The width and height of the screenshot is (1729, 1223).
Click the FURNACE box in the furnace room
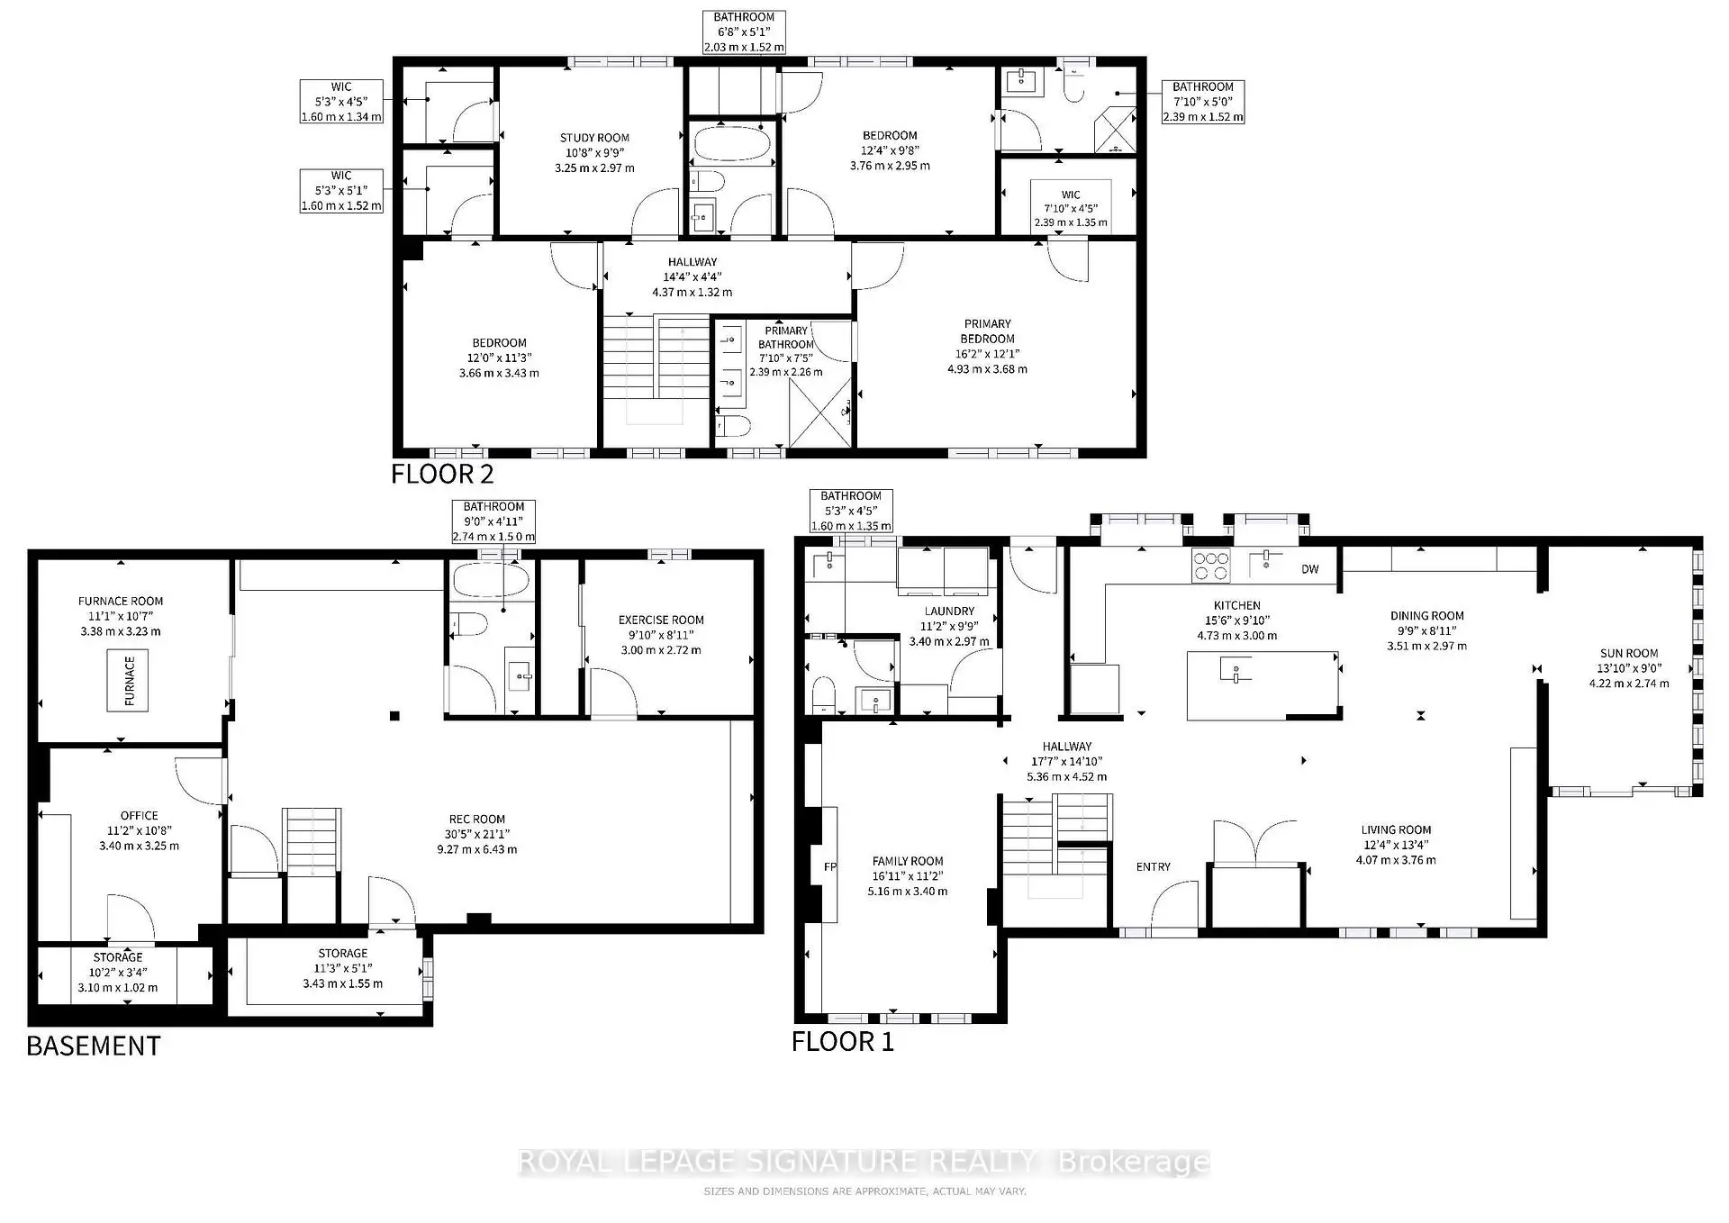(128, 680)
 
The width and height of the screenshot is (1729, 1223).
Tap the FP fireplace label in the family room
(829, 867)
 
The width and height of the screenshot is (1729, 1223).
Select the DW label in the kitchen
(1309, 569)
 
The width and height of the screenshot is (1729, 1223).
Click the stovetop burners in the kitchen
(1210, 566)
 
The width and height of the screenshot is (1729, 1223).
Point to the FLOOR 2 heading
(442, 474)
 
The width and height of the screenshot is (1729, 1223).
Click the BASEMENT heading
(94, 1046)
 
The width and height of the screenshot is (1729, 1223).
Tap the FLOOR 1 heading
(843, 1042)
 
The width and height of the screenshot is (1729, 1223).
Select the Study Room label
(594, 138)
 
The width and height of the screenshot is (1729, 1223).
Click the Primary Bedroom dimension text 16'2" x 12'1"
(987, 354)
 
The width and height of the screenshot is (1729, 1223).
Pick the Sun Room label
(1628, 653)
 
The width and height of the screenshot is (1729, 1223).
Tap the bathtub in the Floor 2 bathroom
(732, 145)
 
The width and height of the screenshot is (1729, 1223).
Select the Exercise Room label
(661, 620)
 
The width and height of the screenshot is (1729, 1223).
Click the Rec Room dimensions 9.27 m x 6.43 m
(477, 849)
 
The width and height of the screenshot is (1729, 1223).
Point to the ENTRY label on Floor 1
(1153, 866)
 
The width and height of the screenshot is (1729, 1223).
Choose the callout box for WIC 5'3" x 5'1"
(341, 191)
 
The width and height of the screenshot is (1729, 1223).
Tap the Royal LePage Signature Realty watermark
(864, 1162)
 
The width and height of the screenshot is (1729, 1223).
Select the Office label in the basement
(139, 815)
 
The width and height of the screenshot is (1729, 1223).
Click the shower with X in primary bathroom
(819, 412)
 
